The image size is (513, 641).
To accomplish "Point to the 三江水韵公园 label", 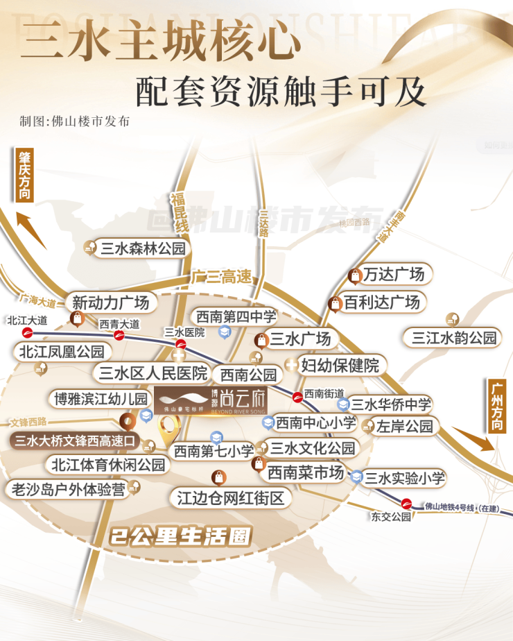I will pos(454,339).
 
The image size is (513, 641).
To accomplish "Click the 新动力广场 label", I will pos(111,303).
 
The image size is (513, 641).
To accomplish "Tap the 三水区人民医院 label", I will pos(153,373).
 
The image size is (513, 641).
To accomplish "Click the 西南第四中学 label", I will pos(236,317).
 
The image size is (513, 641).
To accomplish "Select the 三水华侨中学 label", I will pos(391,404).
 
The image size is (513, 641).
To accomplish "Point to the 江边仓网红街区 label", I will pos(231,498).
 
